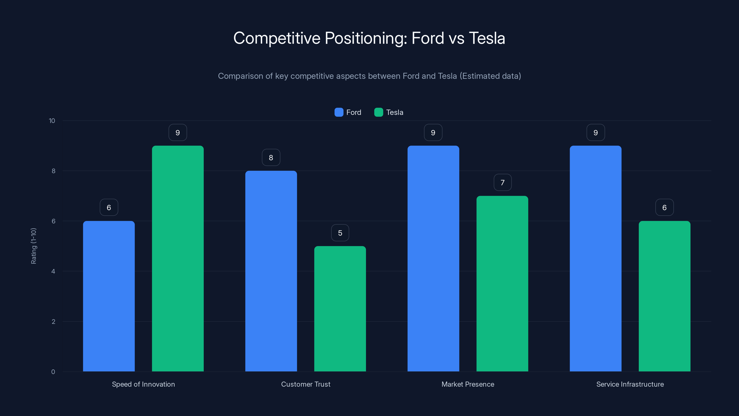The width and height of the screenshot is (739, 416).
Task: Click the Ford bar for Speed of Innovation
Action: point(109,296)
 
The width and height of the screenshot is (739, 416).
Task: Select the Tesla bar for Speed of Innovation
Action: point(178,258)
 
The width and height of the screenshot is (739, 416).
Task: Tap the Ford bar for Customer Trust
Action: point(271,271)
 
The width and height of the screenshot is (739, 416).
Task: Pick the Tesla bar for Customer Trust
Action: point(340,309)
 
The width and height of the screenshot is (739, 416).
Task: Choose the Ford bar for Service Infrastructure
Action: point(595,258)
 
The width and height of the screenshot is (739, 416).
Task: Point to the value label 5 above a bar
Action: point(340,233)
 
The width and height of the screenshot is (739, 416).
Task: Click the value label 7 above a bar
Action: point(502,183)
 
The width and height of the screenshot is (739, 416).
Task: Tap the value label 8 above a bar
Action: point(271,158)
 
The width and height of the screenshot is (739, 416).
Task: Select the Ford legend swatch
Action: point(339,112)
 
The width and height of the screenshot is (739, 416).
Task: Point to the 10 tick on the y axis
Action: point(52,121)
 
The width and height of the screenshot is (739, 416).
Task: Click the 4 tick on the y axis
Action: point(53,271)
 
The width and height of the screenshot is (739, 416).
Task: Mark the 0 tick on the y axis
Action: point(53,372)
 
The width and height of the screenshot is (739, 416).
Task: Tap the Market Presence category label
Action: point(468,384)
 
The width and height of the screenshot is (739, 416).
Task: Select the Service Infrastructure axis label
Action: point(630,384)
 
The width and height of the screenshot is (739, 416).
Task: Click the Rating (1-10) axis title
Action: point(33,246)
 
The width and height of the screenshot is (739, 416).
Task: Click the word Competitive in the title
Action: point(277,38)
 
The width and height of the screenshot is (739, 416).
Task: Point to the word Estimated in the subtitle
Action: point(481,76)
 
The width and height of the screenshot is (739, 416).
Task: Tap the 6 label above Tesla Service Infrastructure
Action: point(664,208)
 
